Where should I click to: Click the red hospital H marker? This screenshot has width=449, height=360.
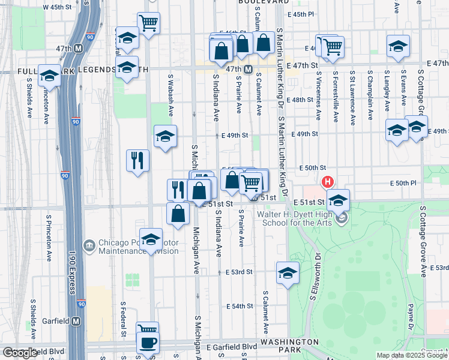328,181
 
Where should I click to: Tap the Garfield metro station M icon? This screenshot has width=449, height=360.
76,321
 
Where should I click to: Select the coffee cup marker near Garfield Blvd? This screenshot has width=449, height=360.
147,343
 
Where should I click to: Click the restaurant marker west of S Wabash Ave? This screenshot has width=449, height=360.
137,161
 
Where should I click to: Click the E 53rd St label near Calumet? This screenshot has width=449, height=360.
240,272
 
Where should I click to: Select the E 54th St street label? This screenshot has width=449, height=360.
240,306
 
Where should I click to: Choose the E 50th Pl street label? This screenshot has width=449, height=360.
403,182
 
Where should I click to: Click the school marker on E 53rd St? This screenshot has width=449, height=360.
288,272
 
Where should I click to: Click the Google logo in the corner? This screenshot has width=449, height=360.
20,353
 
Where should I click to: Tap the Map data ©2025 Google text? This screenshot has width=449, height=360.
412,355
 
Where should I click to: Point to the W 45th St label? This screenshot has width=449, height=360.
62,7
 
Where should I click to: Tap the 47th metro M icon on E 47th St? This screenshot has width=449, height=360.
247,70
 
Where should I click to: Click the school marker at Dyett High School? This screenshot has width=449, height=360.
339,202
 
